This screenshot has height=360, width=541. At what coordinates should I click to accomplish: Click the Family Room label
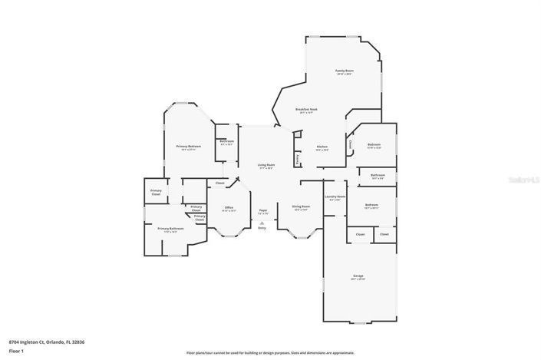[343, 71]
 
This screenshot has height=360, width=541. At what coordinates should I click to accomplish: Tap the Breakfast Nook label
[307, 111]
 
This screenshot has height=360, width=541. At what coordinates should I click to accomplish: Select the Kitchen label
[322, 147]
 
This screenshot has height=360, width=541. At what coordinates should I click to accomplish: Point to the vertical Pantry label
[298, 159]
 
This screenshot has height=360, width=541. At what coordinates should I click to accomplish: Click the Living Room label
[266, 166]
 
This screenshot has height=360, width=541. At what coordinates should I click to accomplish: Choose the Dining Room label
[300, 206]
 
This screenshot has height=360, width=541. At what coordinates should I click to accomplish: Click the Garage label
[358, 276]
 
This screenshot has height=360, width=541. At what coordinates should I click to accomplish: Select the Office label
[228, 208]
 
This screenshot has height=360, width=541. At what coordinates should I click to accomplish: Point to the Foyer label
[262, 210]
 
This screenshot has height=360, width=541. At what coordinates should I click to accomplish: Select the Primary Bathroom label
[170, 229]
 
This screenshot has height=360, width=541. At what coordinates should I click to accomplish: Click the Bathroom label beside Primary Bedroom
[226, 141]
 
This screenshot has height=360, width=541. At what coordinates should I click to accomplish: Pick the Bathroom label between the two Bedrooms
[378, 176]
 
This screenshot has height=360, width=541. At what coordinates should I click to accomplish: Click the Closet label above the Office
[219, 183]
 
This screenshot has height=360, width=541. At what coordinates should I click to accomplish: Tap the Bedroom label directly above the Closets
[371, 206]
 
